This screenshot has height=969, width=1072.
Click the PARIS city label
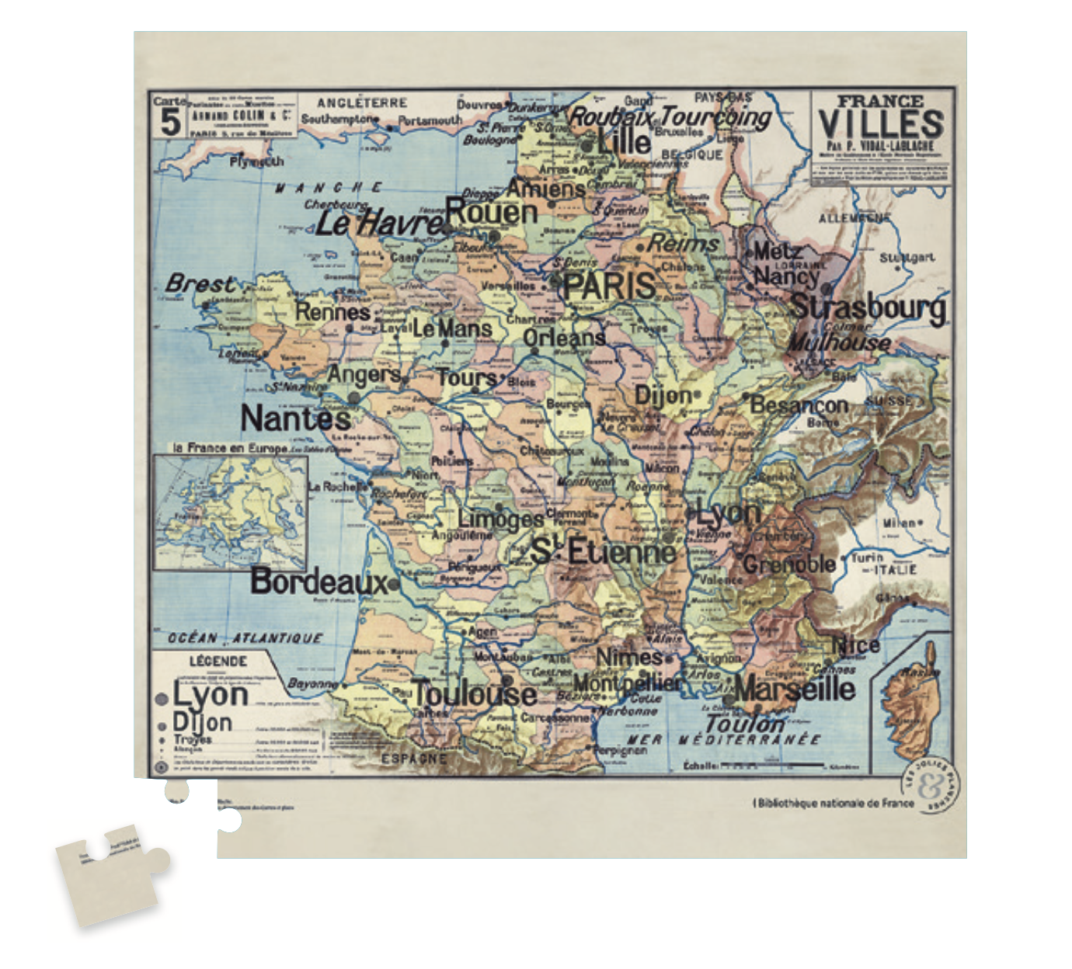point(610,285)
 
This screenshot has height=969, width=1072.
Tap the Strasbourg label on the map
point(868,307)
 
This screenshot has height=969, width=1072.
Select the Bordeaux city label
point(318,582)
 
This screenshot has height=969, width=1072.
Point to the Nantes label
point(295,419)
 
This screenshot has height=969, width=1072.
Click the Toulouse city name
point(474,693)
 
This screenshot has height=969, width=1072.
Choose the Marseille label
point(794,688)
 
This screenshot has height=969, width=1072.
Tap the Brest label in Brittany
point(200,283)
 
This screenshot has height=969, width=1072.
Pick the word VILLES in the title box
point(881,124)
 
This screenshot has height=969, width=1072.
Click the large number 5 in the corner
point(170,122)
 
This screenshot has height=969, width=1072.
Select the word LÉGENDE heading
point(218,662)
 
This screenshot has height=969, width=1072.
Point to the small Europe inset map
point(231,512)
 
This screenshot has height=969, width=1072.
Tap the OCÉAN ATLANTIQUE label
point(245,638)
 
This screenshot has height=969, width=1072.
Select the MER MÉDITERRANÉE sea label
point(723,739)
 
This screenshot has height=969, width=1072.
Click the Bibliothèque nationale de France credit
point(832,803)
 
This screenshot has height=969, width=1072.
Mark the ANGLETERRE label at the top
point(362,102)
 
